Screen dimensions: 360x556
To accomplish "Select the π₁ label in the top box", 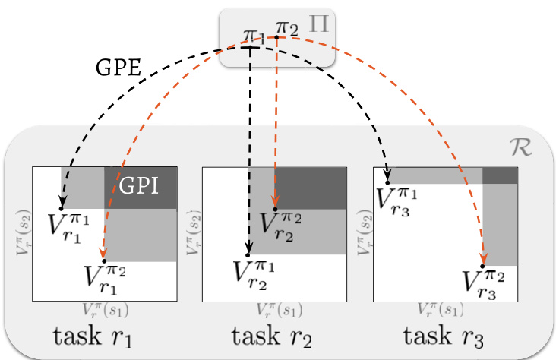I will click(x=254, y=35).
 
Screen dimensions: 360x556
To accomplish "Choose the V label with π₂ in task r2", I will click(x=282, y=225).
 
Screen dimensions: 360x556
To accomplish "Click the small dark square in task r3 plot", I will click(x=500, y=175).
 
